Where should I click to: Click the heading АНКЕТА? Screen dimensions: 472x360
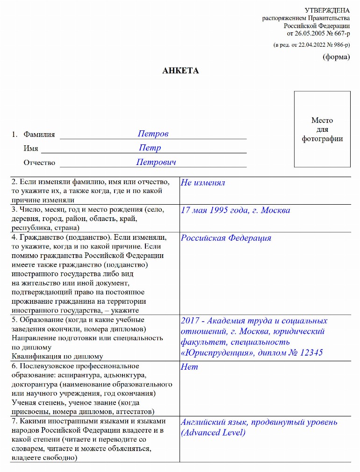[x=180, y=71]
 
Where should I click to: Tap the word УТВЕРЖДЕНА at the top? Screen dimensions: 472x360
[x=327, y=10]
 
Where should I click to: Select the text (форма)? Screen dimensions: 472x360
[x=336, y=57]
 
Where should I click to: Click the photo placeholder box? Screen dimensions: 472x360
[x=322, y=129]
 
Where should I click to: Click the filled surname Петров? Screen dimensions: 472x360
[x=153, y=134]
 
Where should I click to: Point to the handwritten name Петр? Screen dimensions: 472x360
[x=150, y=148]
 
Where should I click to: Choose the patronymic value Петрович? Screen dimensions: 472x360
[x=156, y=162]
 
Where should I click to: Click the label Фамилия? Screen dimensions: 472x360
[x=39, y=135]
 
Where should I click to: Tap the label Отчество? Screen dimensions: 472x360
[x=39, y=163]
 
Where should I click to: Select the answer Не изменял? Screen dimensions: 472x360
[x=203, y=183]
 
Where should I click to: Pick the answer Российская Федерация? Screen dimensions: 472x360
[x=226, y=238]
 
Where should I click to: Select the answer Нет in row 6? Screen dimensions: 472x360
[x=189, y=367]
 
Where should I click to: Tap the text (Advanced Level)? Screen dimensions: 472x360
[x=213, y=433]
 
